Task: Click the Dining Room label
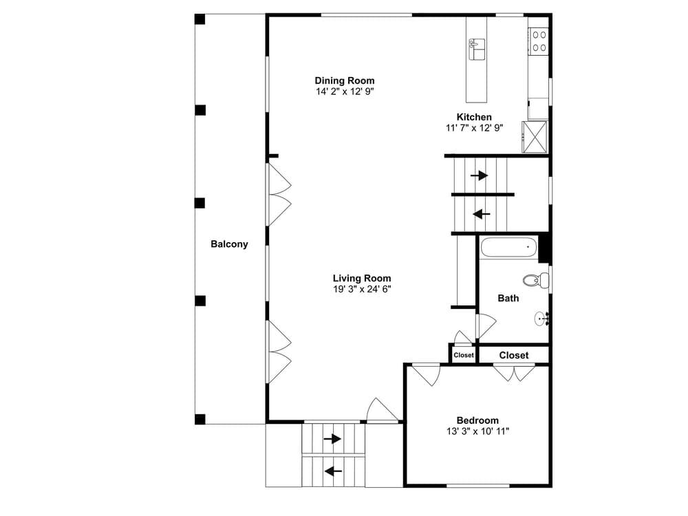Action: (345, 80)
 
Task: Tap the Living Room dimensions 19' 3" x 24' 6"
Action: (362, 289)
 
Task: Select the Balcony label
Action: (229, 244)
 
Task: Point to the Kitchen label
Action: (474, 117)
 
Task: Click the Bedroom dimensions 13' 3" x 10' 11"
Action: (477, 431)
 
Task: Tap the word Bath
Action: (508, 299)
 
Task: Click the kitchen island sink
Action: (477, 49)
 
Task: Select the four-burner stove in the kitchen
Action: (539, 41)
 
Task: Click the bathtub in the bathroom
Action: (509, 248)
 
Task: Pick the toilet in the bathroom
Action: (536, 279)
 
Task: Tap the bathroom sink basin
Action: (541, 319)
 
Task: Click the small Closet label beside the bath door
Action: (464, 355)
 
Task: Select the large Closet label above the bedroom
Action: (514, 356)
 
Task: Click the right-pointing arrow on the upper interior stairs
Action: (479, 175)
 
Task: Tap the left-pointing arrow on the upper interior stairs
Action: (482, 214)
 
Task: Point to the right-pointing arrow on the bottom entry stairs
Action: (332, 439)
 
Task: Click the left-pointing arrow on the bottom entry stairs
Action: (334, 471)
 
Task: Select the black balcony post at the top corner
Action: (200, 19)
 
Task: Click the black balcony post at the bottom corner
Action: (200, 419)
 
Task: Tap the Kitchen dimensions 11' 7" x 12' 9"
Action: (474, 128)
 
